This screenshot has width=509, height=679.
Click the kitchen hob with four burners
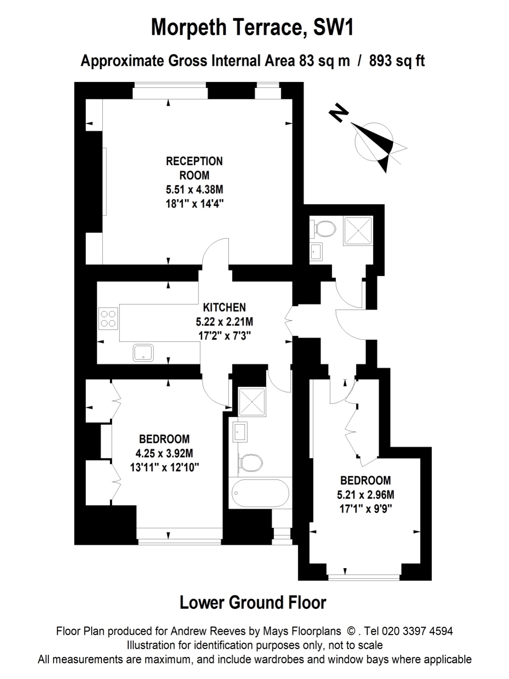pos(108,319)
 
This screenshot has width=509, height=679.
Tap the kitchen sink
pos(143,353)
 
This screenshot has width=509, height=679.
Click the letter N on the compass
pos(338,112)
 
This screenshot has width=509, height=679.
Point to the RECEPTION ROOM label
pos(194,168)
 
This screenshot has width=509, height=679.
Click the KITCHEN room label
pos(224,307)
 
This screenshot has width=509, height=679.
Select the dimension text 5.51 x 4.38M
pos(195,189)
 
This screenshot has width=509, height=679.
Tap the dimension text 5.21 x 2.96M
pos(366,495)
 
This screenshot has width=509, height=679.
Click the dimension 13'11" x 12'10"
pos(165,467)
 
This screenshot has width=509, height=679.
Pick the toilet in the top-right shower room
pos(323,229)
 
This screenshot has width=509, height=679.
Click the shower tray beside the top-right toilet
pos(358,230)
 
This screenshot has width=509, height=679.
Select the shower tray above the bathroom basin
pos(252,401)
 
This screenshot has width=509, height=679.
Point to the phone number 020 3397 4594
pos(417,631)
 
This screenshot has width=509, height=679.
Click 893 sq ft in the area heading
pos(397,61)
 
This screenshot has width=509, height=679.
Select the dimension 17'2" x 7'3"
pos(224,336)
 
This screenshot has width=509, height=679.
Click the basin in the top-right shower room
pos(316,252)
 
